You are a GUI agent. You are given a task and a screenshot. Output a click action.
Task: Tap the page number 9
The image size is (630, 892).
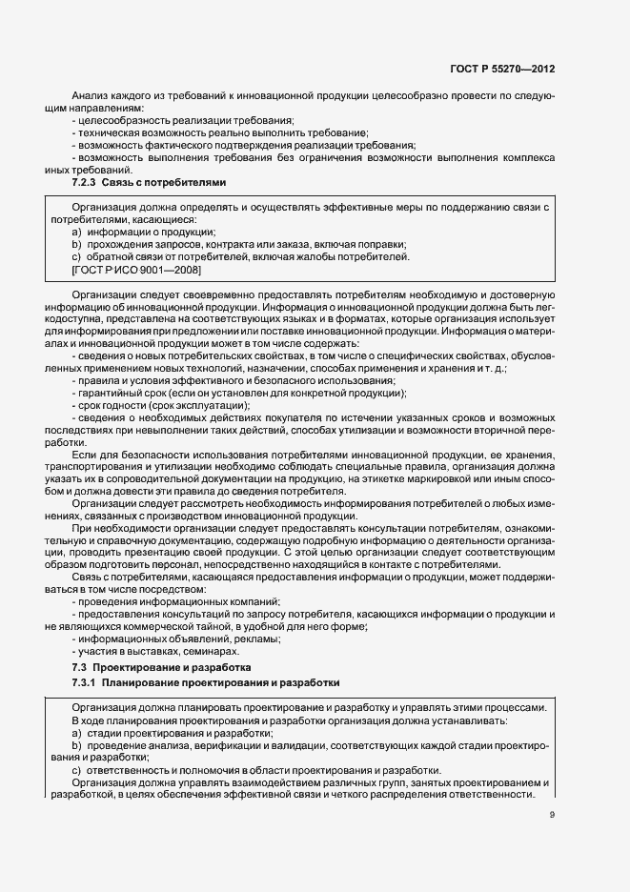click(x=553, y=814)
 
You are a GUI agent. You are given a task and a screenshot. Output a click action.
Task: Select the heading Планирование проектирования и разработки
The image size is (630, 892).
click(x=221, y=683)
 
